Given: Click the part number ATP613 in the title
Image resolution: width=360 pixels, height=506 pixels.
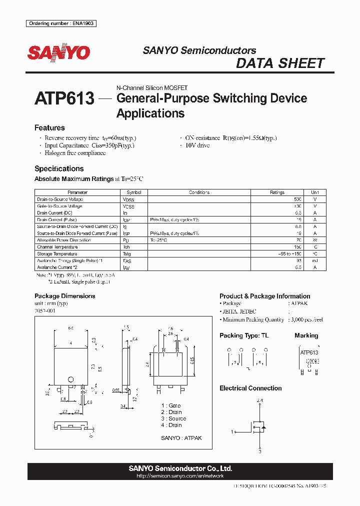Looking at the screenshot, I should coord(64,98).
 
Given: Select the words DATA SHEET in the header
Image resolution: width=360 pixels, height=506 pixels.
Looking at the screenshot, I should coord(280,63).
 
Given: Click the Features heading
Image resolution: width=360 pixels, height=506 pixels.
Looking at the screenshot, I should coord(49,128).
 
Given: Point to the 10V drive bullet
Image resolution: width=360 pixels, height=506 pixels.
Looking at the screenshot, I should coord(197,145).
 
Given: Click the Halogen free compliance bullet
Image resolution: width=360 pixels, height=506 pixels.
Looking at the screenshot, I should coord(75,153).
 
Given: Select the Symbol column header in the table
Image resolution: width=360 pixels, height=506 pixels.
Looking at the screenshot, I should coord(134,192).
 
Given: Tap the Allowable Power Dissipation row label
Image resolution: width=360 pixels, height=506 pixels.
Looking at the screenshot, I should coord(64,240).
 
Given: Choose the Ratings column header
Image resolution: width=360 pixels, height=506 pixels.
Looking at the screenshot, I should coord(277,192).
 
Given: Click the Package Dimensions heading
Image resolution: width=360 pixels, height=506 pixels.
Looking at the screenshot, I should coord(64,296).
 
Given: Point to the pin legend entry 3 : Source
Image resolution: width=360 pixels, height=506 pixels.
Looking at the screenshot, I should coord(173,418).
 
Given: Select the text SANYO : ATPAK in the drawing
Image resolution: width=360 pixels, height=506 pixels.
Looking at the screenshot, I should coord(181,438).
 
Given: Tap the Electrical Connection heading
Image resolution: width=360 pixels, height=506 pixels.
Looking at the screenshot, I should coord(250,388).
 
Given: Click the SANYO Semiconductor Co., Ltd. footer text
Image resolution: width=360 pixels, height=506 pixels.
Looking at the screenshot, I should coord(180,468).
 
